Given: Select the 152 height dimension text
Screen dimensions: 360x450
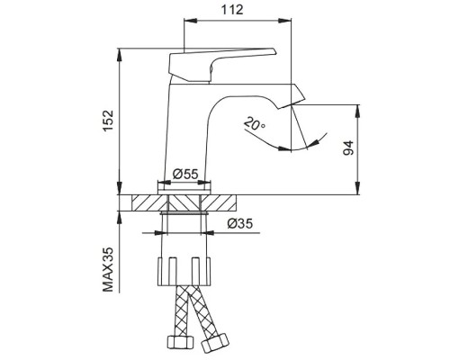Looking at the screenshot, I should click(107, 119).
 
